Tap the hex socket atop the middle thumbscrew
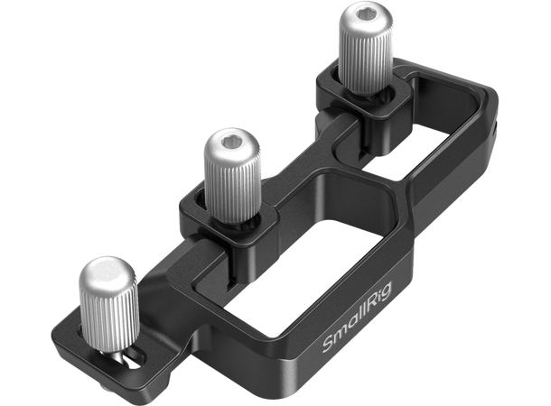coord(227,143)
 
